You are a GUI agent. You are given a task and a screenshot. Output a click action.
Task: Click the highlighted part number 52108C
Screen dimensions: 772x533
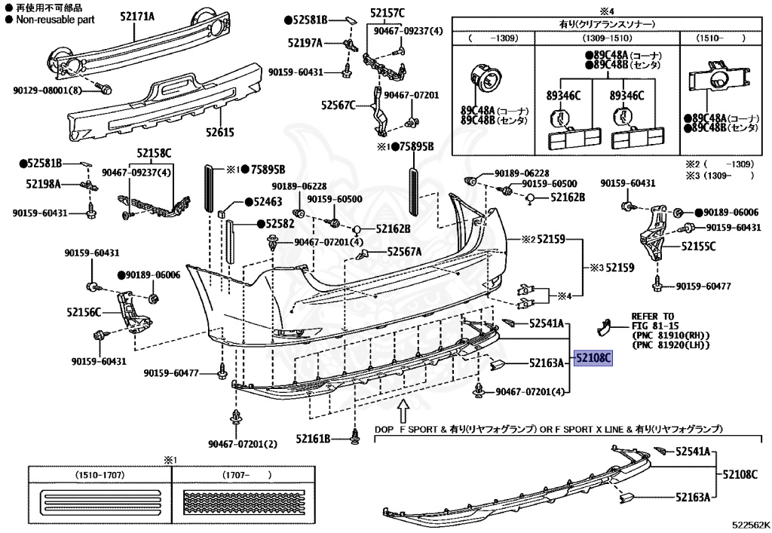(x=593, y=358)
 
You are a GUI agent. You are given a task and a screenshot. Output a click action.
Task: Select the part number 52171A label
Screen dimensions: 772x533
(x=137, y=17)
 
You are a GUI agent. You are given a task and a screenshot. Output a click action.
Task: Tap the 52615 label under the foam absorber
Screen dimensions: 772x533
(x=220, y=132)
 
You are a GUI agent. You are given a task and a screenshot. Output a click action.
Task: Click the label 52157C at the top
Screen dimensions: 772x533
(x=388, y=13)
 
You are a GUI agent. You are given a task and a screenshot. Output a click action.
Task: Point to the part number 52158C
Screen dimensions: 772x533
(x=154, y=153)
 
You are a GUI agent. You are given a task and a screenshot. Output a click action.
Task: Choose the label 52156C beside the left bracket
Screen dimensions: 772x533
(x=84, y=312)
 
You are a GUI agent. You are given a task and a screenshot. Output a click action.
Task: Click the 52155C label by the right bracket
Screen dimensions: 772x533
(x=699, y=246)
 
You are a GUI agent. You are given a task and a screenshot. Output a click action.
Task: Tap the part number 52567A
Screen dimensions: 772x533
(x=404, y=252)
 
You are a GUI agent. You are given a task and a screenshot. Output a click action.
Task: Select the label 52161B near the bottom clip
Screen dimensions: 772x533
(x=313, y=438)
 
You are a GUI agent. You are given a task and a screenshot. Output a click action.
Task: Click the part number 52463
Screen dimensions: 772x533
(x=268, y=201)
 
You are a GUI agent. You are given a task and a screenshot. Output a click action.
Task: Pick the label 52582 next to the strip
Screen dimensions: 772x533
(x=280, y=223)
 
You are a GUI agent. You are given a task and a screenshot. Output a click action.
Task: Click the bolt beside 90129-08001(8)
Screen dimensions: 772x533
(x=105, y=90)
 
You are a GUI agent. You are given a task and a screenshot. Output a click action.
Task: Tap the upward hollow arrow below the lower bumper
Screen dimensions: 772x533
(x=403, y=412)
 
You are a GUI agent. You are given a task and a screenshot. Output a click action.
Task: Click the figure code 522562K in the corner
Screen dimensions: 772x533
(x=750, y=525)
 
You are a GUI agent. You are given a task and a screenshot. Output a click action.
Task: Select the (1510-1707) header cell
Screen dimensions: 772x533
(x=100, y=475)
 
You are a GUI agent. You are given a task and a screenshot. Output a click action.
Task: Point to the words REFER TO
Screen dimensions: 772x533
(x=653, y=317)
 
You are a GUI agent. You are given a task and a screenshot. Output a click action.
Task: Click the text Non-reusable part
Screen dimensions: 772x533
(x=55, y=20)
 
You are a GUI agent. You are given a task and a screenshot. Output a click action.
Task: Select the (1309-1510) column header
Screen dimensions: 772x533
(x=607, y=38)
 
